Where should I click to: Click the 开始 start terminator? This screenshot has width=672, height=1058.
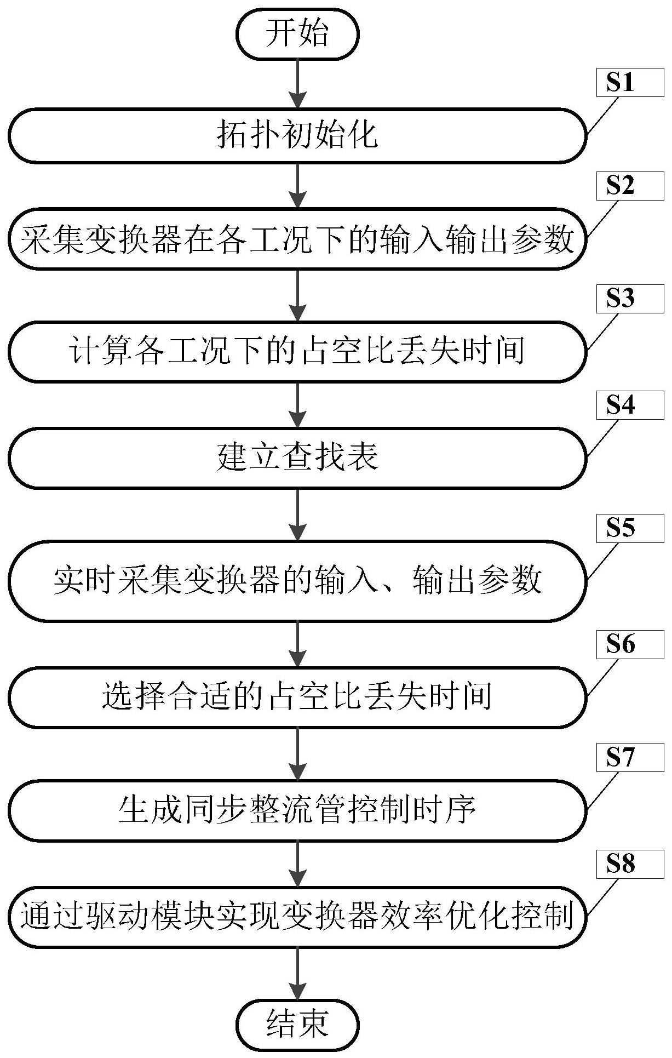point(297,34)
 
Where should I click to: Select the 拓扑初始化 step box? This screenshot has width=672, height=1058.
point(297,135)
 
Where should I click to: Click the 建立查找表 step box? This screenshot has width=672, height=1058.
point(297,458)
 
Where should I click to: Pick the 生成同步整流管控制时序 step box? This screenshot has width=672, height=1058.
point(297,810)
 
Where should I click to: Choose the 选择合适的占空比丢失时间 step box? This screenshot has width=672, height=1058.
point(297,697)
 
